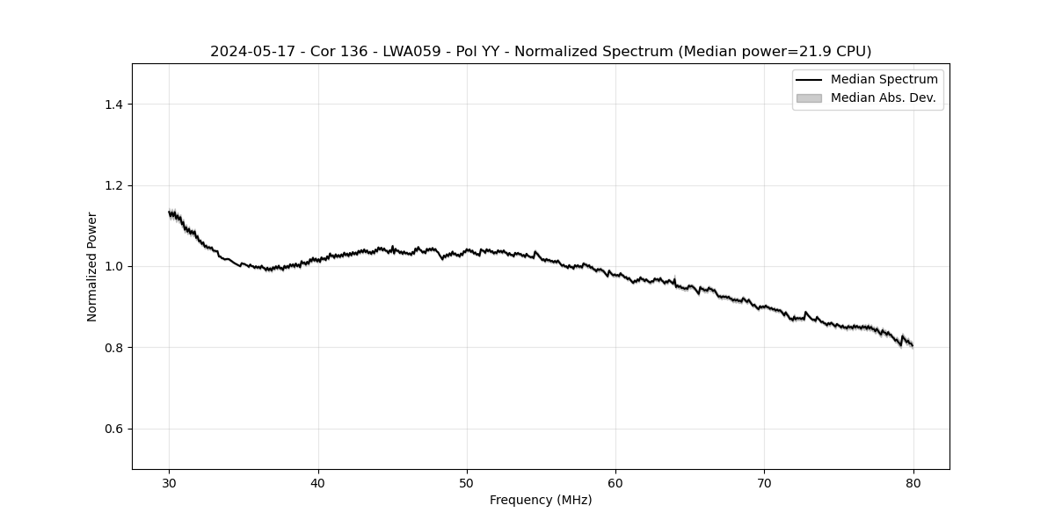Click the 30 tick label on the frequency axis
[170, 483]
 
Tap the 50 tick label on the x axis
[467, 483]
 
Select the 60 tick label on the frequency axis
[615, 483]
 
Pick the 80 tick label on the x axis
[913, 483]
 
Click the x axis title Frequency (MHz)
[541, 500]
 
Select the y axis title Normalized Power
[91, 266]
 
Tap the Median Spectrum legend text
[884, 80]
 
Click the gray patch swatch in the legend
[809, 97]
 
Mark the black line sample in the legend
[809, 80]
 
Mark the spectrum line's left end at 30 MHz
[170, 213]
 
